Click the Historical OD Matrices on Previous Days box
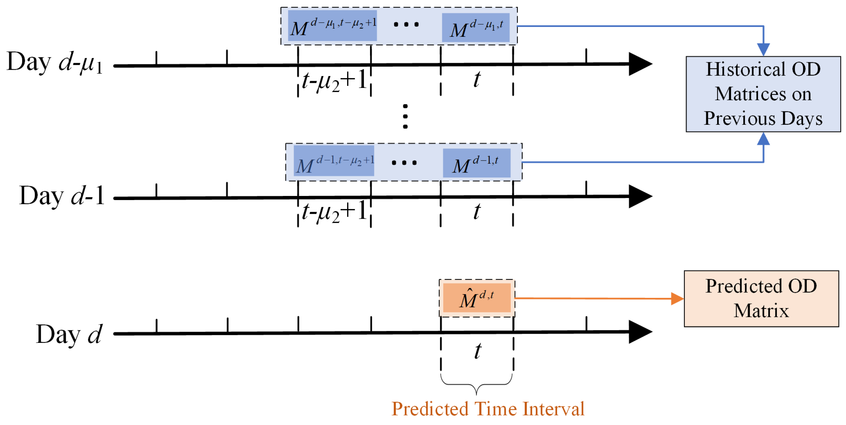point(763,94)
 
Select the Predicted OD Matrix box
point(761,299)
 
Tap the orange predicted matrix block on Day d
point(476,298)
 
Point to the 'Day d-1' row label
point(62,196)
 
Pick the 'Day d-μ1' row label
point(55,63)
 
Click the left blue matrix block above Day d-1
point(333,161)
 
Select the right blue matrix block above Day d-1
point(476,163)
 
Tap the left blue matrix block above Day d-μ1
point(332,26)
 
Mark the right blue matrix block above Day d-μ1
point(475,28)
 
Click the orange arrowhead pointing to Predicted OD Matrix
point(677,299)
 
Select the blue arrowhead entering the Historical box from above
point(763,50)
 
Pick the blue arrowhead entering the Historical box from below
point(763,139)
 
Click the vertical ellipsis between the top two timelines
point(405,117)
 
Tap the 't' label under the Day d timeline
point(478,351)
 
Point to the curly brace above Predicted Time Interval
point(476,384)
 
